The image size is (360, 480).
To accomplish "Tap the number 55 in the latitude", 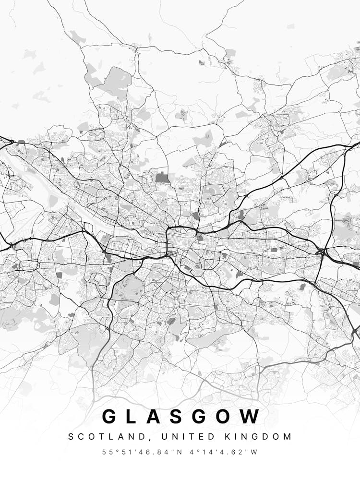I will [x=106, y=452].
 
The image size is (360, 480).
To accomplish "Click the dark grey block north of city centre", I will [x=162, y=178].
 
